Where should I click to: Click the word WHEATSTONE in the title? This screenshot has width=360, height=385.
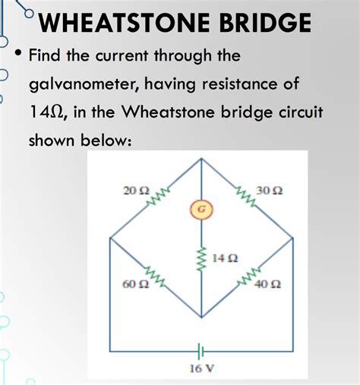coord(125,22)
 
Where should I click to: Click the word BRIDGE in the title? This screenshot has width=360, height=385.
coord(265,22)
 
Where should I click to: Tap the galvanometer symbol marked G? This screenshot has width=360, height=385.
coord(201,210)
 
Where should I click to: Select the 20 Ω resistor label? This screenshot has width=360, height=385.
coord(136,191)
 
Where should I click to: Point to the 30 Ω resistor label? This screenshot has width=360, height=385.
coord(269,191)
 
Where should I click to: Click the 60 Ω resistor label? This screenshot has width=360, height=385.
coord(136,284)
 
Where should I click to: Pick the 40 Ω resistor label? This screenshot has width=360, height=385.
coord(268,285)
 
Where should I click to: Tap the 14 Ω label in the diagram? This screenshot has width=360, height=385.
coord(225,258)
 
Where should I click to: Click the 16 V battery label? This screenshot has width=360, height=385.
coord(202,368)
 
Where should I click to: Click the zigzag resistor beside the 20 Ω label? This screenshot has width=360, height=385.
coord(157,196)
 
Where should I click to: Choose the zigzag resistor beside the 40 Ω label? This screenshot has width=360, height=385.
coord(248,276)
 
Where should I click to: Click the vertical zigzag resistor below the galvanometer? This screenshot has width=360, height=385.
coord(202,258)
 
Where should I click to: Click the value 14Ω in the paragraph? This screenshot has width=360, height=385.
coord(48,112)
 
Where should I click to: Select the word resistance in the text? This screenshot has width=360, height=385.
coord(240,84)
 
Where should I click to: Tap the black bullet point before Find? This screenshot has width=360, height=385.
coord(18,53)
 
